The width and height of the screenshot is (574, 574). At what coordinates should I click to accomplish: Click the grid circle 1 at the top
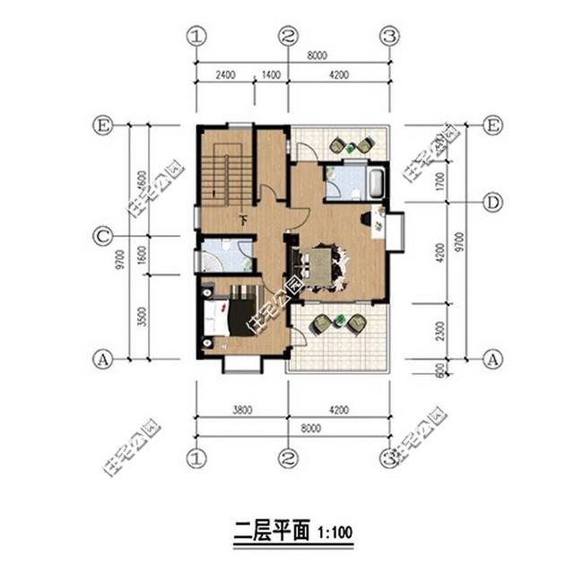197,36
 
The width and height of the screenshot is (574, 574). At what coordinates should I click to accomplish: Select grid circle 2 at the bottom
287,458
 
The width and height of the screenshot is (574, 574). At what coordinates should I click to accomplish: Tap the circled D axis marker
491,203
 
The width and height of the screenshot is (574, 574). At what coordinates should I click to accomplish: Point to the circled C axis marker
102,237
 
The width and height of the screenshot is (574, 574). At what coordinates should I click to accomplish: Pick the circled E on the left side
102,126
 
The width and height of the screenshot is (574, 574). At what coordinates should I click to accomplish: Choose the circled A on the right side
491,360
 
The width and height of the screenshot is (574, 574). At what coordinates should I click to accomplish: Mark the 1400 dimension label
271,76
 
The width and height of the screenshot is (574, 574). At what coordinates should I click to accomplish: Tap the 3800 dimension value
241,411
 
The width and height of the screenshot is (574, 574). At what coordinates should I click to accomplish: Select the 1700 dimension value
439,183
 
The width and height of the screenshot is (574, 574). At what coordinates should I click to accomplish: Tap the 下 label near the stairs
242,219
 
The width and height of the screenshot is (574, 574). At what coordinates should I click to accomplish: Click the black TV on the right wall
367,217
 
